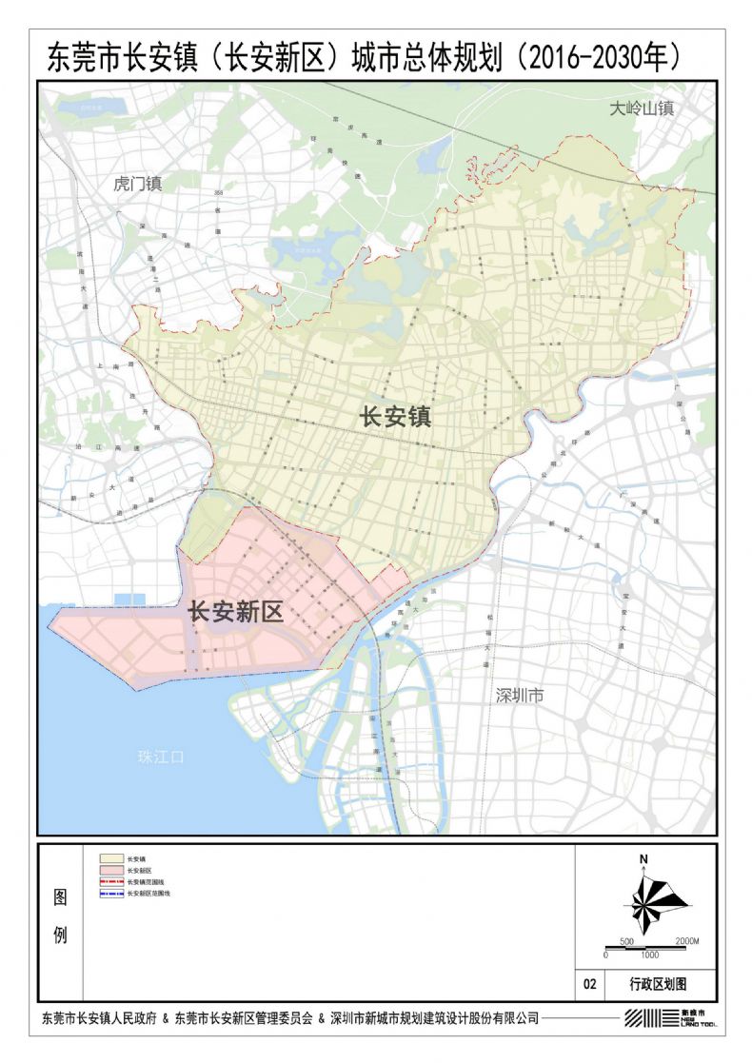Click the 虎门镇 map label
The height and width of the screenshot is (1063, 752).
(x=137, y=184)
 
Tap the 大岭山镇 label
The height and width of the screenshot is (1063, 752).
(x=642, y=108)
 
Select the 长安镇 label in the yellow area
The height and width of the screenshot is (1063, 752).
(x=395, y=416)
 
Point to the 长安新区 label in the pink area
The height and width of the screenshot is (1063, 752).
(x=235, y=611)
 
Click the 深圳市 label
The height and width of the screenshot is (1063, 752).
(x=520, y=696)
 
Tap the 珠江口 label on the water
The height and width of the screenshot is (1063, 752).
(x=160, y=758)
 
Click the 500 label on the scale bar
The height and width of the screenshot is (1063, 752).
(x=626, y=941)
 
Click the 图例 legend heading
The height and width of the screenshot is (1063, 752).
(x=60, y=916)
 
